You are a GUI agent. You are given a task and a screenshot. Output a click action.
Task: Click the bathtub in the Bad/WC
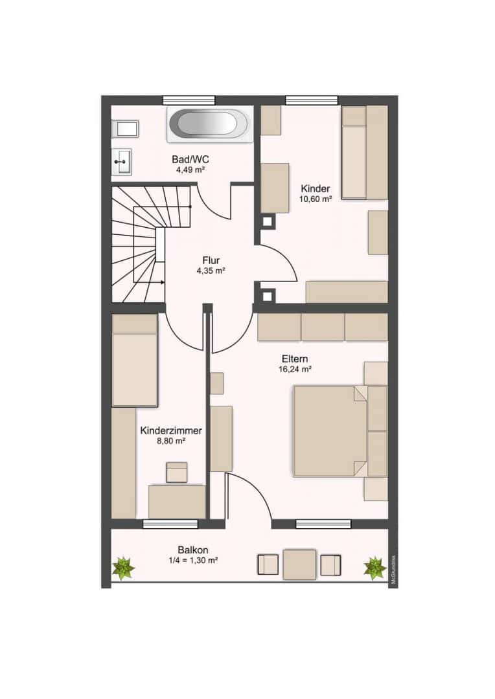click(x=209, y=124)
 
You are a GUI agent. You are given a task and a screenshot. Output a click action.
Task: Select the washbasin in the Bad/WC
click(x=121, y=162)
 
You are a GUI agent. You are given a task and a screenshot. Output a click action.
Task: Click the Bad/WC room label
click(x=190, y=159)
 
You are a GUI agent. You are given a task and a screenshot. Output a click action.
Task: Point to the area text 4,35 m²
click(x=211, y=270)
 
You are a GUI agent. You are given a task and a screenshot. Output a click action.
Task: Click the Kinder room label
click(x=315, y=188)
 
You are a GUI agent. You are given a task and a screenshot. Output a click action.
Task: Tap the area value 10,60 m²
click(x=315, y=199)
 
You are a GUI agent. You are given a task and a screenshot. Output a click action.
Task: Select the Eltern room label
click(x=295, y=359)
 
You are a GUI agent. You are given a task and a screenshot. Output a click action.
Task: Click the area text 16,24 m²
click(x=295, y=369)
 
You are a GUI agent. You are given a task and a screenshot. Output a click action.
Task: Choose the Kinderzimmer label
click(x=171, y=430)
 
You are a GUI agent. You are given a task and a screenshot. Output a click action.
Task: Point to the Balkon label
click(x=193, y=550)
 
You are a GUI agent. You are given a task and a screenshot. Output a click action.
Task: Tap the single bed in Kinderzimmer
click(x=135, y=361)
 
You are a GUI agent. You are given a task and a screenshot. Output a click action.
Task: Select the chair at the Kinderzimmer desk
click(x=177, y=472)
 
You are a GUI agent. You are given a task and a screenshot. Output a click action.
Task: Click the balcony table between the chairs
click(x=300, y=564)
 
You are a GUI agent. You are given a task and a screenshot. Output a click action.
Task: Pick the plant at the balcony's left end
click(x=122, y=568)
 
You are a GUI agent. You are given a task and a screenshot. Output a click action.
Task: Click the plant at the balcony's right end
click(x=375, y=568)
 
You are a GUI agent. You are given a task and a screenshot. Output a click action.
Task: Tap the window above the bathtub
click(x=189, y=100)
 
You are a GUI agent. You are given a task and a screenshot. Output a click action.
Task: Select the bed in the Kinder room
click(x=364, y=152)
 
